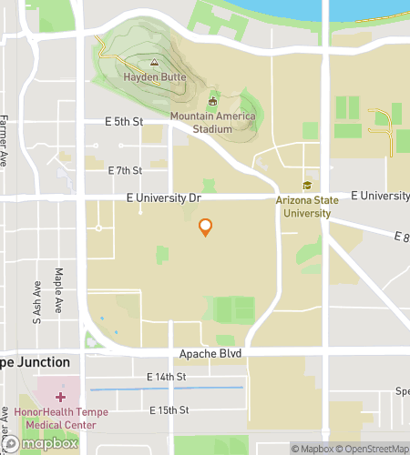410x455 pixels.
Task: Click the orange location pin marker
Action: click(x=206, y=227)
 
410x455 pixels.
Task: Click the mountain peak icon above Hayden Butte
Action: click(x=154, y=64)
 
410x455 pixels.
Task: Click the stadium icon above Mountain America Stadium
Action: click(x=213, y=101)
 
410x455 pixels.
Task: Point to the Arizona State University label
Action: click(x=307, y=207)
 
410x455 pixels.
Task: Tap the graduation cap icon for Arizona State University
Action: click(x=307, y=186)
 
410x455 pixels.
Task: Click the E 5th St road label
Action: click(x=125, y=121)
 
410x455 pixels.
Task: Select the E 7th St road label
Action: click(x=125, y=170)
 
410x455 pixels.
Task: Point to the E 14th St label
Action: click(x=166, y=377)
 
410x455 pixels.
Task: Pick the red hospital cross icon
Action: click(x=61, y=397)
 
